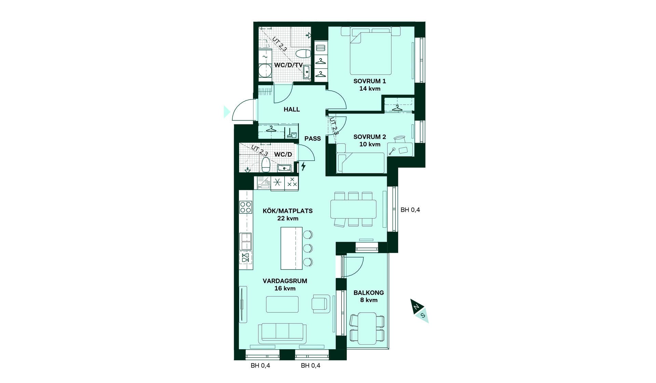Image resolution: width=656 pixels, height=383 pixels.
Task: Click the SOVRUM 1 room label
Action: click(370, 81)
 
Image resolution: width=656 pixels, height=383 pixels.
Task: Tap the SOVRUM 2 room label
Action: click(370, 137)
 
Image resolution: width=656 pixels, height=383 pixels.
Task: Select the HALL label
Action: click(292, 109)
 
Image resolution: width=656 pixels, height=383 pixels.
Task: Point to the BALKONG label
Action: click(369, 293)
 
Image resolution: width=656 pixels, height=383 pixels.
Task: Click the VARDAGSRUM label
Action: click(285, 281)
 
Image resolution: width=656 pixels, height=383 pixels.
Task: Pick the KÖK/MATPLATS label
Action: click(288, 211)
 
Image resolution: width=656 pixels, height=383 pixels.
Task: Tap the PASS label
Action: click(313, 138)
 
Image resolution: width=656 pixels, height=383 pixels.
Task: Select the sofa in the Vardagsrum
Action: click(282, 333)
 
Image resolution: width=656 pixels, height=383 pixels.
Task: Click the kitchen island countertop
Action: click(291, 248)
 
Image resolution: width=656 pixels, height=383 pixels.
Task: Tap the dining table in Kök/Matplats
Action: click(353, 209)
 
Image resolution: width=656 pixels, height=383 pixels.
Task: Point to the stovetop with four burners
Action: click(246, 207)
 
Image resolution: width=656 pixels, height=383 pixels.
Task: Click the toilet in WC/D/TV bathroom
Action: click(303, 54)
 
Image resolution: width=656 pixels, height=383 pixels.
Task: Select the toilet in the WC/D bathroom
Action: click(266, 165)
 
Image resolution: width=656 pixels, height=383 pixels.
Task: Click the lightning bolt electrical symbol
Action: click(303, 167)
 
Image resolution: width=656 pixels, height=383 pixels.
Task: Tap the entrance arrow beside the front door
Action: click(227, 112)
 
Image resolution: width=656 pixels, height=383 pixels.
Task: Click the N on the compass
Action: click(416, 307)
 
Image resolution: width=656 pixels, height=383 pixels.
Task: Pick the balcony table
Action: click(367, 328)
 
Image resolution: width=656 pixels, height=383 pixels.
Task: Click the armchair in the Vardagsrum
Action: click(321, 303)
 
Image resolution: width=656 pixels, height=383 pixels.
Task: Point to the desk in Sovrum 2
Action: click(400, 150)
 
